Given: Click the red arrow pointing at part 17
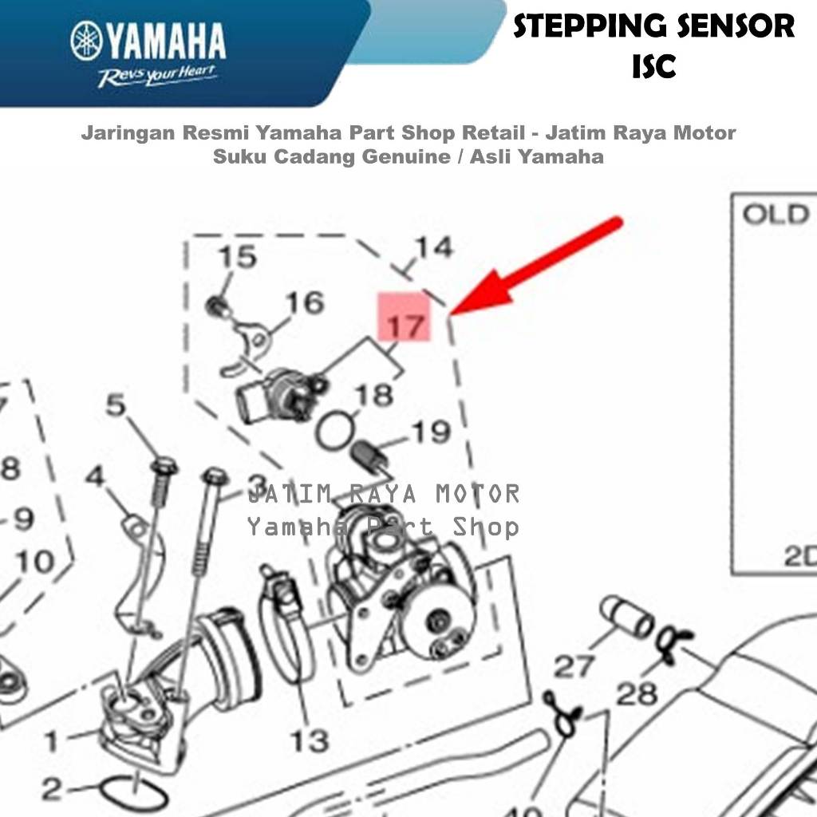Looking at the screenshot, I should [542, 262].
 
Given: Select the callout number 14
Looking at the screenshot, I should [433, 248].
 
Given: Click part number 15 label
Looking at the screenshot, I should [238, 258].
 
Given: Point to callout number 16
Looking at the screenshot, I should [305, 303].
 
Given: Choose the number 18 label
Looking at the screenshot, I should [373, 395].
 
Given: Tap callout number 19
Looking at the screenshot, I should [430, 432].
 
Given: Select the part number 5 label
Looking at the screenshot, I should [116, 406].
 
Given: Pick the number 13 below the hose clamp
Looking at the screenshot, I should [309, 740].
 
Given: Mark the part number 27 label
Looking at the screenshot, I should [574, 665].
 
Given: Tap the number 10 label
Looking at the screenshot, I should [34, 562].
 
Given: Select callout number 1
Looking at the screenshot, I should [52, 741].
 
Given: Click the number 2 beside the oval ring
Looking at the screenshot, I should [51, 790].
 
